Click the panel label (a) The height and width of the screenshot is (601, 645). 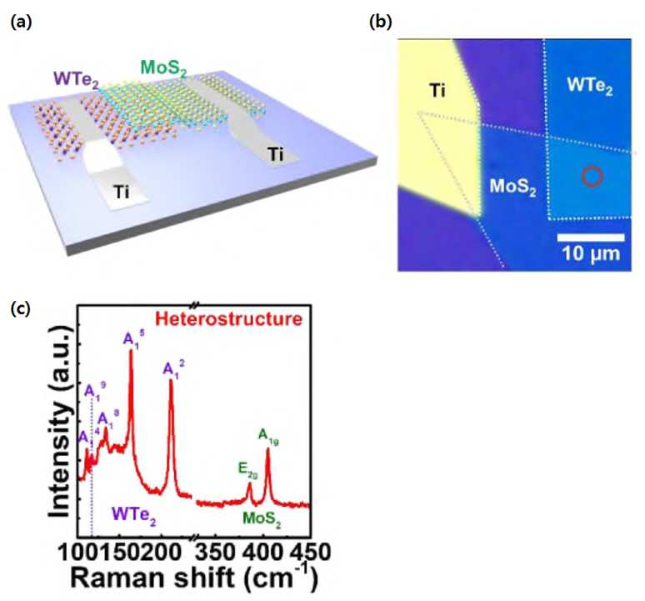[21, 22]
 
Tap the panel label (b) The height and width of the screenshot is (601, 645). [381, 22]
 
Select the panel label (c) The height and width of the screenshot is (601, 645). [21, 308]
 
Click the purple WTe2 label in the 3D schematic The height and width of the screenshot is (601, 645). [76, 79]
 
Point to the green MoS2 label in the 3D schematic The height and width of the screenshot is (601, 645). [163, 68]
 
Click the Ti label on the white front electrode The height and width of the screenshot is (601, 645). [122, 192]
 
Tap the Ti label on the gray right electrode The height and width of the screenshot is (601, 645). [275, 155]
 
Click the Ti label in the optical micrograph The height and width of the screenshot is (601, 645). [437, 90]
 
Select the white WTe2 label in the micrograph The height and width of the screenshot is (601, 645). [589, 86]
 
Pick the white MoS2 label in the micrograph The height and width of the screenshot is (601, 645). [513, 188]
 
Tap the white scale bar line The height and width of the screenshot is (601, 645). [591, 238]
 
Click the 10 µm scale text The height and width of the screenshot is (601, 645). [591, 253]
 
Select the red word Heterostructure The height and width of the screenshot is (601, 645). [229, 318]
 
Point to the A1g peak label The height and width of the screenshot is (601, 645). [268, 437]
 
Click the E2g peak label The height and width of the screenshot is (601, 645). [247, 470]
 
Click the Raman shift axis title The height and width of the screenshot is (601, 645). [194, 578]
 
